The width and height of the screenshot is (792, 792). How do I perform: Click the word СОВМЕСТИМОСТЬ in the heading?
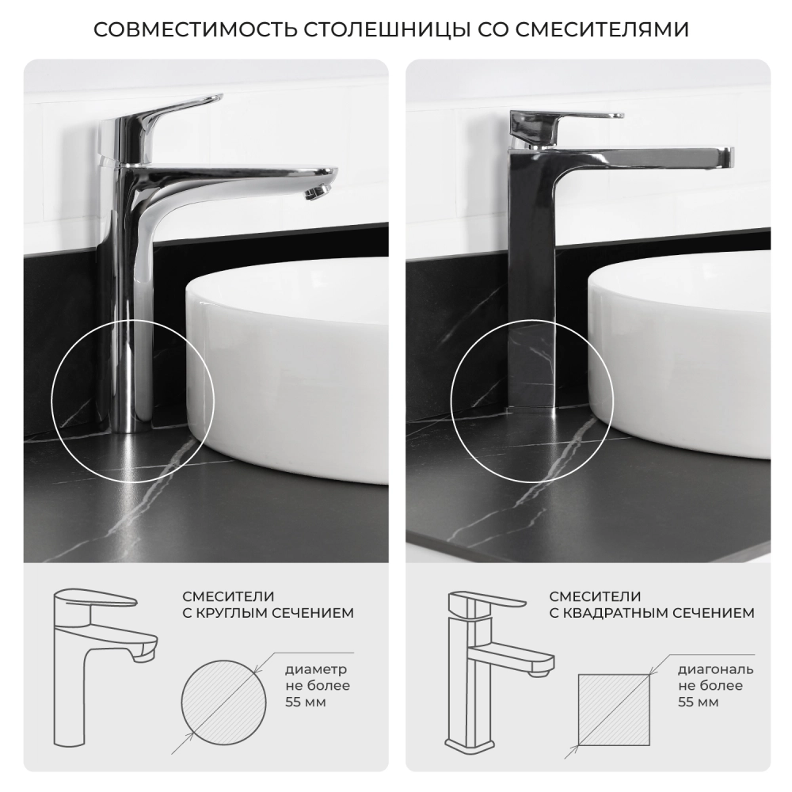[x=196, y=30]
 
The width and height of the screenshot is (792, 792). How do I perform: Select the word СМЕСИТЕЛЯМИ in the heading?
[x=602, y=30]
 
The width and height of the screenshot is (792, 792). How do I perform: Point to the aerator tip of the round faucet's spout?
[x=318, y=192]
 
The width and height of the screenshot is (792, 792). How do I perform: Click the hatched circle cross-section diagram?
[x=224, y=703]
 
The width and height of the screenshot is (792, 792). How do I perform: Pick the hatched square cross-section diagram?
[x=614, y=709]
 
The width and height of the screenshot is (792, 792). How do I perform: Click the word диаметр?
[x=316, y=670]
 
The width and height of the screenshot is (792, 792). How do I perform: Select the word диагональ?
[x=715, y=670]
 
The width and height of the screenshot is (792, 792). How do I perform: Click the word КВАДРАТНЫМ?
[x=613, y=613]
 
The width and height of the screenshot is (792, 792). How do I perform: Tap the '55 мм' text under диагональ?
[x=698, y=702]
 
